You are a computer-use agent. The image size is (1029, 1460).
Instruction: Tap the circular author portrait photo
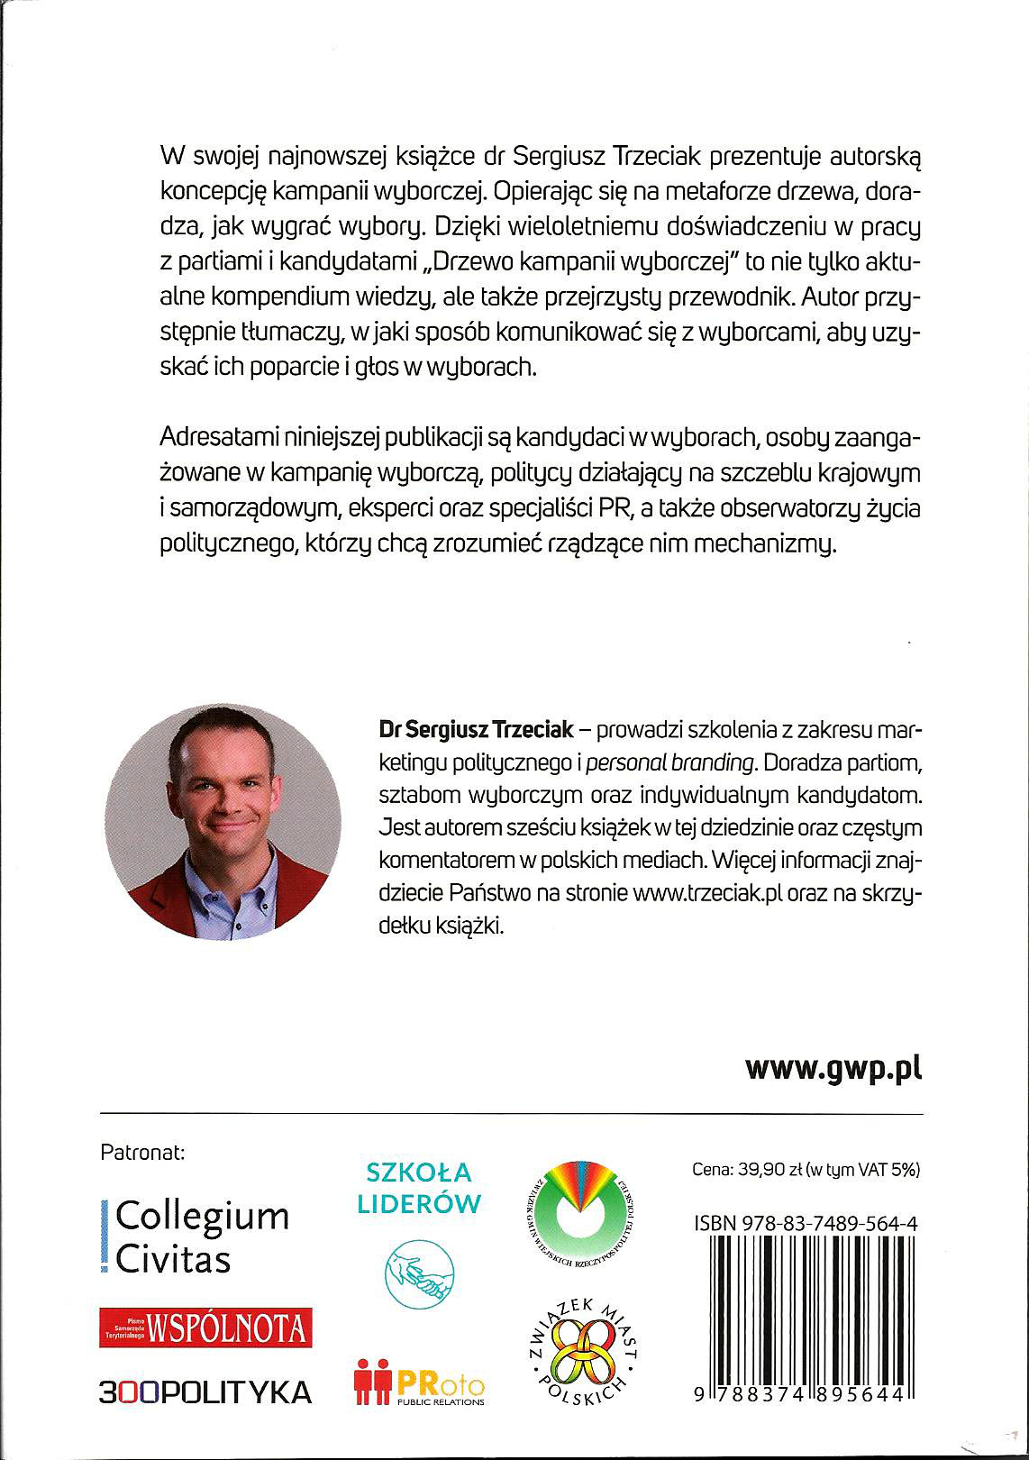click(223, 822)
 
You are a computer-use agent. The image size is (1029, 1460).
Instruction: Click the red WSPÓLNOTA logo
click(205, 1328)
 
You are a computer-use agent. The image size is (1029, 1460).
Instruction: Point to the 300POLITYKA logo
click(205, 1392)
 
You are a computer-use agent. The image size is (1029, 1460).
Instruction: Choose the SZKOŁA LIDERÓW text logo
click(419, 1188)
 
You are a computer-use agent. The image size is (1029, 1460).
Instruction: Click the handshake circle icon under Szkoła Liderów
click(419, 1273)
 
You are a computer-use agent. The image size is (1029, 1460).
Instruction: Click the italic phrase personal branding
click(669, 762)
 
